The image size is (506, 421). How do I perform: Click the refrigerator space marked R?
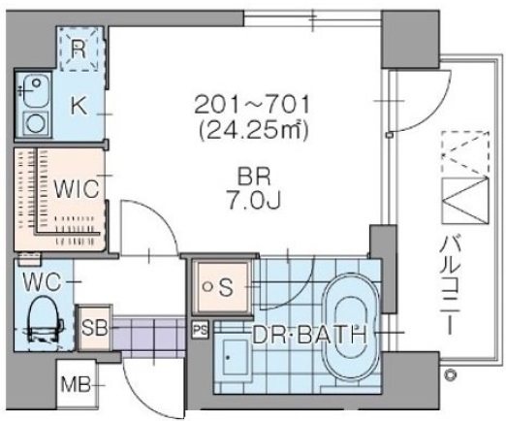(x=79, y=49)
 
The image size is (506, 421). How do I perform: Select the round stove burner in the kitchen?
(x=36, y=124)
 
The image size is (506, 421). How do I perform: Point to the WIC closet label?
(x=77, y=189)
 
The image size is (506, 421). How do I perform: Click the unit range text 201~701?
(x=252, y=105)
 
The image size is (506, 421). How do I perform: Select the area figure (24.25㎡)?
(x=253, y=130)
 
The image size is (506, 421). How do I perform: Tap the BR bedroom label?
(x=253, y=177)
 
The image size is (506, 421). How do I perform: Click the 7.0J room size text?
(x=253, y=200)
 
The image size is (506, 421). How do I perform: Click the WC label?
(x=42, y=281)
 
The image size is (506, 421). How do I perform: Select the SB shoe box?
(x=94, y=328)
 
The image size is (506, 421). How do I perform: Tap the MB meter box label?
(x=76, y=385)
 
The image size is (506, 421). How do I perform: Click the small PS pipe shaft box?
(x=201, y=330)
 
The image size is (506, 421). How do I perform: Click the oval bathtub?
(x=352, y=329)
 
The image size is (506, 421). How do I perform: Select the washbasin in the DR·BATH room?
(x=234, y=357)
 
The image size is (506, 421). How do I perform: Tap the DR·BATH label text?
(x=309, y=335)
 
